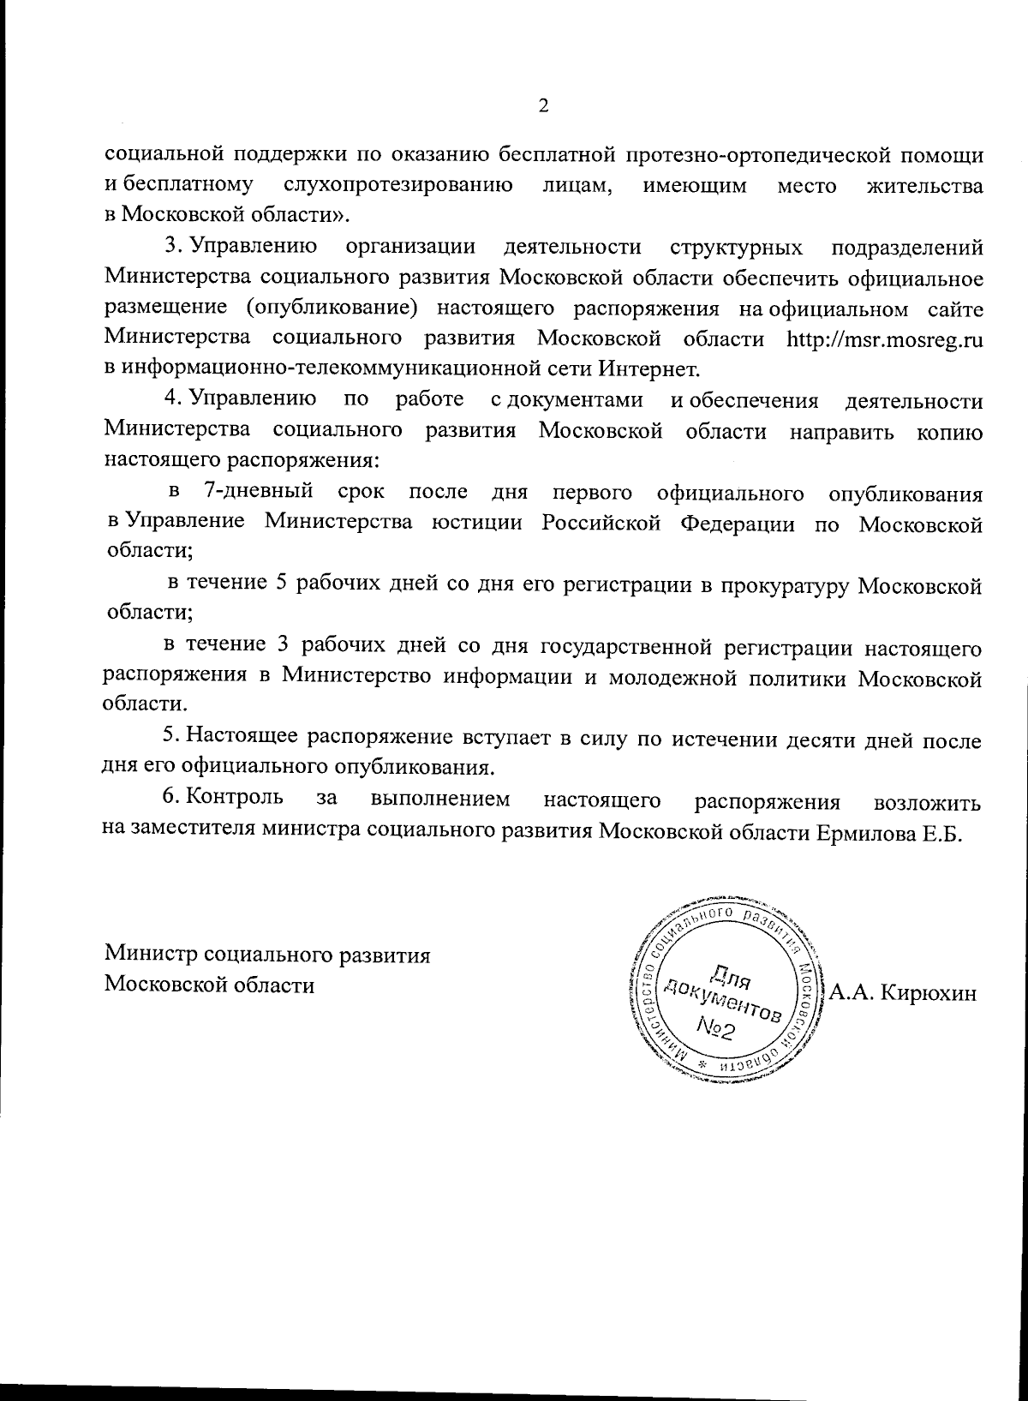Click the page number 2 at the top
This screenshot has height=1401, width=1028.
(x=542, y=106)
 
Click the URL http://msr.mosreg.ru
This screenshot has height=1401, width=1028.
(x=883, y=338)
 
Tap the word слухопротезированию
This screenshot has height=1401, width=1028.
(x=398, y=185)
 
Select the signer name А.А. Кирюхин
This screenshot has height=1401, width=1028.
(x=903, y=993)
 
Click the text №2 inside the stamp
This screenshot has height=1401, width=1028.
(x=718, y=1027)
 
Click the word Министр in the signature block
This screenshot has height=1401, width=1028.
(x=152, y=955)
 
